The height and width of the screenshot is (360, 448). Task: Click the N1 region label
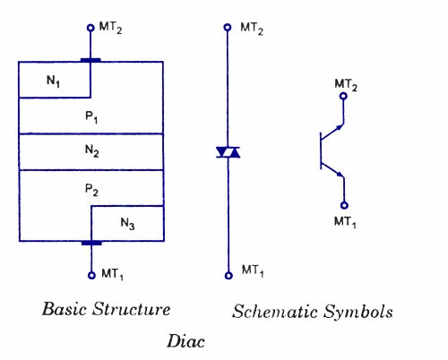[x=53, y=81]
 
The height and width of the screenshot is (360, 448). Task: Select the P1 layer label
[x=91, y=116]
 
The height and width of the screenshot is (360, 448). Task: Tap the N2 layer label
[x=91, y=150]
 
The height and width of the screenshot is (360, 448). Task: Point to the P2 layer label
[x=91, y=190]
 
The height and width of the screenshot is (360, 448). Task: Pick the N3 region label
[x=127, y=224]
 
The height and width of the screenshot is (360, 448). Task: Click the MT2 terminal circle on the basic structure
[x=90, y=28]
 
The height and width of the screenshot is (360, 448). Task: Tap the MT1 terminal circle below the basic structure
[x=91, y=275]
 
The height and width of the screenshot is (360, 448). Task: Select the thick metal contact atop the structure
[x=90, y=60]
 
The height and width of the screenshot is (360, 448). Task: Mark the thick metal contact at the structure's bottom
[x=91, y=243]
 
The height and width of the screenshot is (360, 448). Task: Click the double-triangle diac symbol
[x=228, y=152]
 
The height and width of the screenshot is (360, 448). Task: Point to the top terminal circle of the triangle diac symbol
[x=228, y=28]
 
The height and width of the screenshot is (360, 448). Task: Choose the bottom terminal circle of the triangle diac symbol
[x=228, y=276]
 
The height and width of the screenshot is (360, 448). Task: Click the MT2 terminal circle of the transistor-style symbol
[x=343, y=96]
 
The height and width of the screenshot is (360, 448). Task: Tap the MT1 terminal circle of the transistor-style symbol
[x=344, y=205]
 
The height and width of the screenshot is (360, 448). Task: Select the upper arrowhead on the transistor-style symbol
[x=340, y=127]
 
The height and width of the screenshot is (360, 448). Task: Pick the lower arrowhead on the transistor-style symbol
[x=340, y=174]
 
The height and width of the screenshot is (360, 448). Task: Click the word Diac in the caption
[x=185, y=341]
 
